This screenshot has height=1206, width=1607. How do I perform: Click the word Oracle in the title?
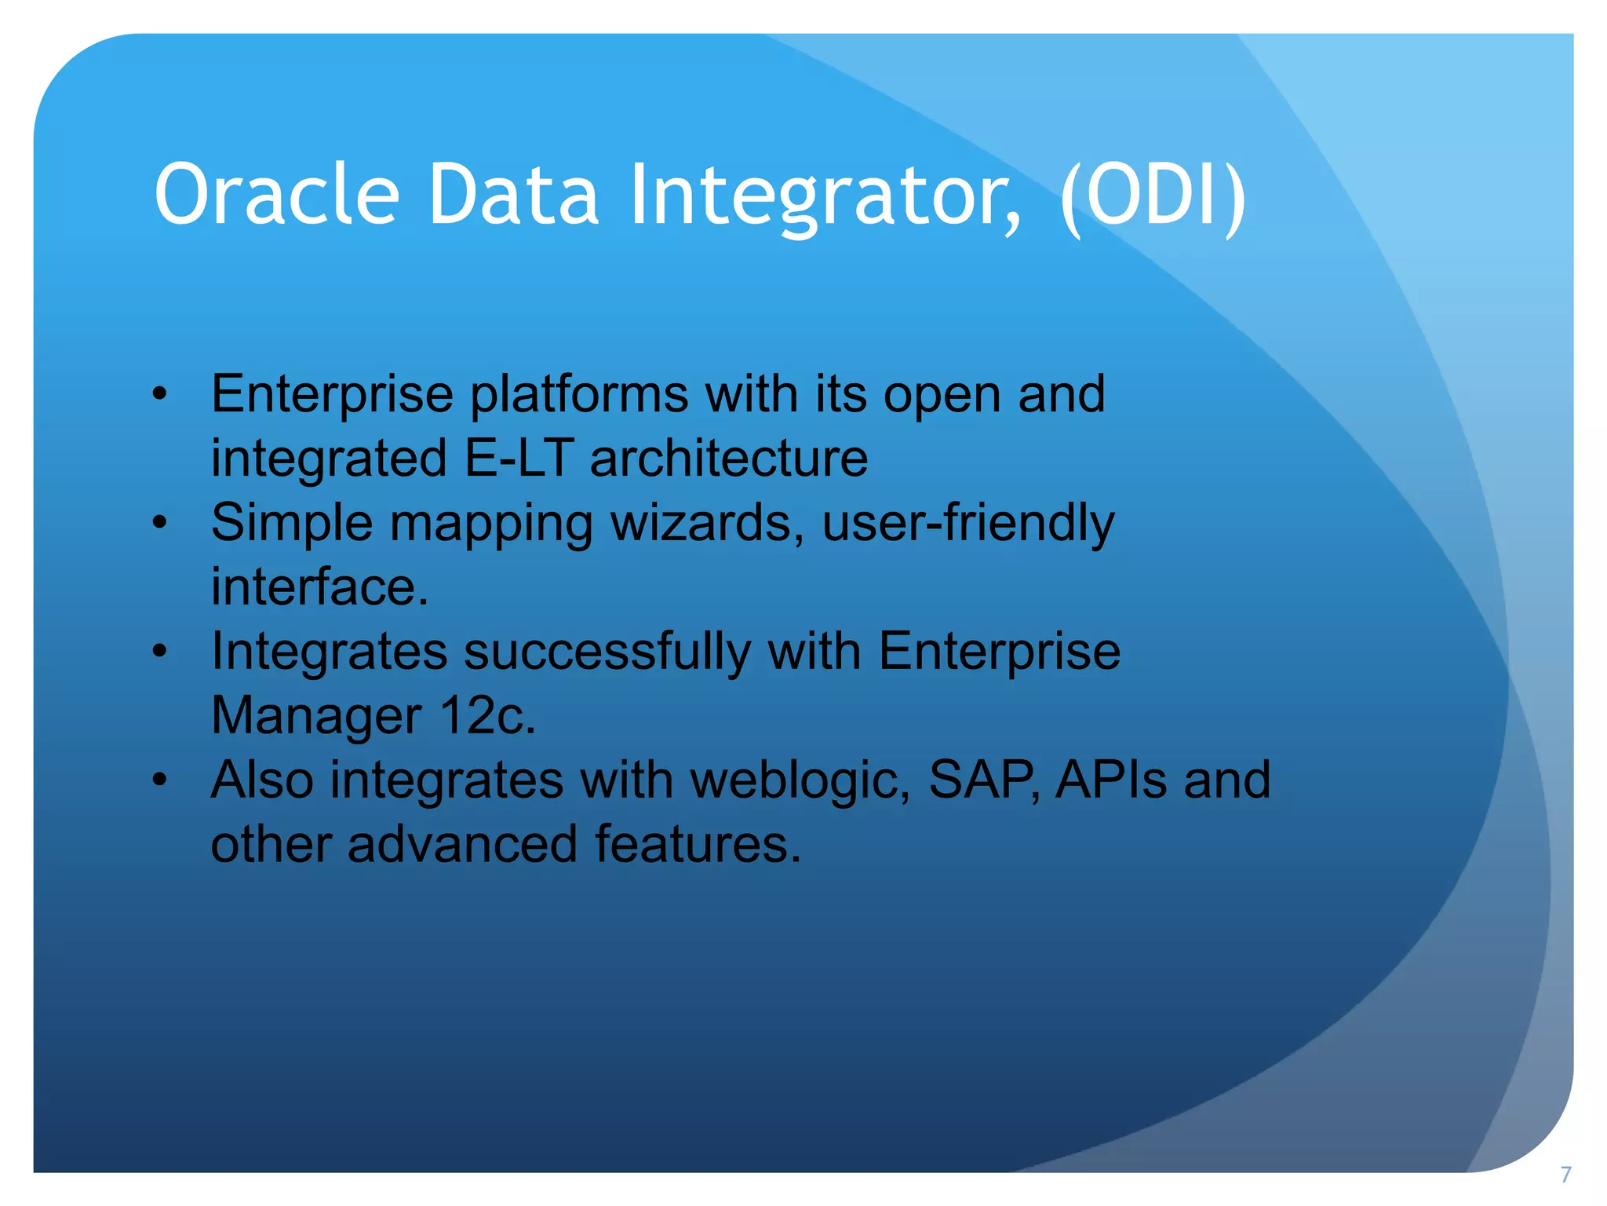click(276, 194)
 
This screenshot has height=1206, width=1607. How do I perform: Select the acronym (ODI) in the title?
click(1153, 194)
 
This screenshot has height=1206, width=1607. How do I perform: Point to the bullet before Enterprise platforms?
click(160, 394)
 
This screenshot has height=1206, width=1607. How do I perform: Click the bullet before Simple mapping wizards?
click(160, 523)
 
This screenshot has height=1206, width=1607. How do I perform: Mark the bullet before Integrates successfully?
click(160, 652)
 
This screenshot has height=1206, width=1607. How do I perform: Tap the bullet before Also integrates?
click(160, 780)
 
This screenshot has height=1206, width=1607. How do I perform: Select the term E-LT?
click(518, 458)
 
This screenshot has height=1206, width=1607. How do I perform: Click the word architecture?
click(729, 458)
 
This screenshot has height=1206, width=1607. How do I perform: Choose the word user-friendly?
click(967, 523)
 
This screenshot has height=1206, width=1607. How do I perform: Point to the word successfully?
click(607, 652)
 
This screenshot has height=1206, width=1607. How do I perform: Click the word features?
click(698, 845)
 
